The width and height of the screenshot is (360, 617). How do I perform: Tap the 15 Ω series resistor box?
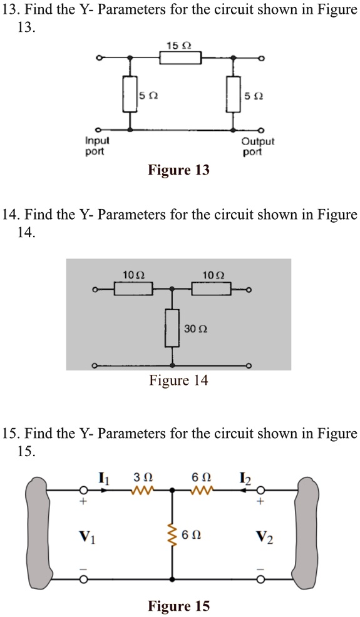pos(180,58)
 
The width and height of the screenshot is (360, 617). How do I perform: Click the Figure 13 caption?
pos(178,170)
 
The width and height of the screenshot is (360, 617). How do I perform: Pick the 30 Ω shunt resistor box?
pos(172,328)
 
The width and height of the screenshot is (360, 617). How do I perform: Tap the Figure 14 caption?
pos(178,380)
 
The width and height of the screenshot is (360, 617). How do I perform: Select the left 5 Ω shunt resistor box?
pos(130,94)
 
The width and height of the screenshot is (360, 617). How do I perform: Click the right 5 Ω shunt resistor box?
pos(234,94)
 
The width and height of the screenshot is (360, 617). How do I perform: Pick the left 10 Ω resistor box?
pos(133,289)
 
